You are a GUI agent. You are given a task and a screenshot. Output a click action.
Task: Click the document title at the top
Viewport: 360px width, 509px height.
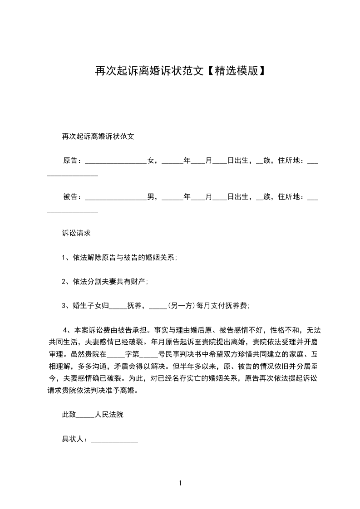click(x=180, y=71)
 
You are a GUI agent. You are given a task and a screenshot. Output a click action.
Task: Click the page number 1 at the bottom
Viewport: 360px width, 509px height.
click(x=180, y=483)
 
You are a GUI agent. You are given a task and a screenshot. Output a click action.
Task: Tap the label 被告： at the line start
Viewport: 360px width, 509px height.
click(x=73, y=197)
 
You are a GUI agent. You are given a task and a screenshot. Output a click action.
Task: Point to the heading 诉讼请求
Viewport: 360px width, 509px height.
click(x=76, y=233)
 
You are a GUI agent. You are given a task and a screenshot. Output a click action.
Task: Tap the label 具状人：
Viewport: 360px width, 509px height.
click(x=76, y=439)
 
